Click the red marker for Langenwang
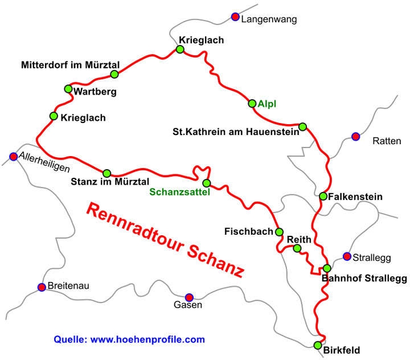pyautogui.click(x=235, y=17)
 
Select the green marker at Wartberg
pyautogui.click(x=68, y=89)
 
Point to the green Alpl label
pyautogui.click(x=267, y=104)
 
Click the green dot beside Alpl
pyautogui.click(x=252, y=103)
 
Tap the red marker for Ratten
pyautogui.click(x=356, y=136)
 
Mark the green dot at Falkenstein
pyautogui.click(x=323, y=197)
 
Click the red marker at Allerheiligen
pyautogui.click(x=13, y=156)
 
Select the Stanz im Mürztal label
pyautogui.click(x=110, y=182)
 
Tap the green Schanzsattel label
pyautogui.click(x=180, y=193)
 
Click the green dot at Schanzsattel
pyautogui.click(x=206, y=183)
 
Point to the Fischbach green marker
pyautogui.click(x=279, y=232)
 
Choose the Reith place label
pyautogui.click(x=298, y=239)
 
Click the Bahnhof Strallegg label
pyautogui.click(x=364, y=279)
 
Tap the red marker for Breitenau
pyautogui.click(x=42, y=287)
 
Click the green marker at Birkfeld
pyautogui.click(x=318, y=345)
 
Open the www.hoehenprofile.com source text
pyautogui.click(x=147, y=339)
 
